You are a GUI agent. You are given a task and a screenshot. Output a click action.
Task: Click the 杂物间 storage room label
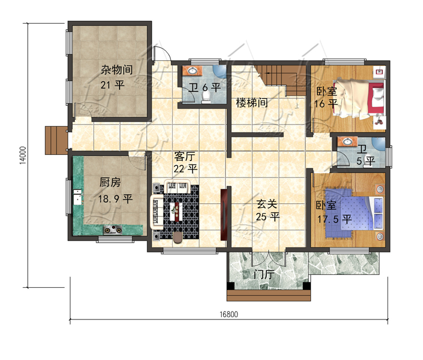[117, 70]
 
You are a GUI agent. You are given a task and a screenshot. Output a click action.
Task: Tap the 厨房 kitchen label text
[110, 183]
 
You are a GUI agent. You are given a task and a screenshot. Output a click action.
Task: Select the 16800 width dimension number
[229, 314]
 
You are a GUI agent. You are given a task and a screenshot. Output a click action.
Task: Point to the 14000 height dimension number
[23, 155]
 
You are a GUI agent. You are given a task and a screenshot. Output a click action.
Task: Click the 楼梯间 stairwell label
[252, 103]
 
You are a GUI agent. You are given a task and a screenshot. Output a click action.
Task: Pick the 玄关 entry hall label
[267, 204]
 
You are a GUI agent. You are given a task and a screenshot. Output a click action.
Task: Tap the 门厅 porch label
[265, 275]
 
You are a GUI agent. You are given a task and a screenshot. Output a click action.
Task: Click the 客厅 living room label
[185, 156]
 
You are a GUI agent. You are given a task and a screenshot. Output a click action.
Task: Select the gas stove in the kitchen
[113, 230]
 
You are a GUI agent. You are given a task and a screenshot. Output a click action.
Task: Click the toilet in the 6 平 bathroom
[206, 98]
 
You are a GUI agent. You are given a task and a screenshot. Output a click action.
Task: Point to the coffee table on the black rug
[177, 212]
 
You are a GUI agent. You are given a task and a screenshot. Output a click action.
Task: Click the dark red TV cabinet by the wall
[224, 215]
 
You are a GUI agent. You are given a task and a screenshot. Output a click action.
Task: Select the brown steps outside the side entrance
[56, 140]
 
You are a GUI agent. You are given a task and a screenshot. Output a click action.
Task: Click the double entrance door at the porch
[268, 258]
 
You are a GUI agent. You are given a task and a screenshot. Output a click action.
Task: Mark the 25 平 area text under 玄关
[267, 217]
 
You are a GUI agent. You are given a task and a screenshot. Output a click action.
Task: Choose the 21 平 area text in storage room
[112, 85]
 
